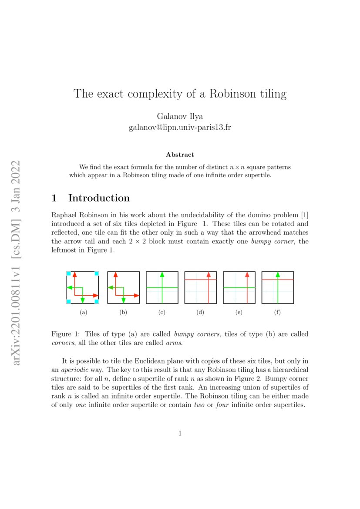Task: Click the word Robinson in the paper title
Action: (x=232, y=94)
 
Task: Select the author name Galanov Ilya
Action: (x=180, y=117)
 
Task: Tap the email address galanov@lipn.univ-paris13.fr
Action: (x=180, y=128)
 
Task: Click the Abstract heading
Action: (x=180, y=155)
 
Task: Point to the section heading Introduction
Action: (x=99, y=198)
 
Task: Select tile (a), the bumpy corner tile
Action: (x=83, y=287)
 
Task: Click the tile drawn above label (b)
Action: (x=123, y=287)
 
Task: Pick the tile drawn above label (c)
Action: (x=162, y=287)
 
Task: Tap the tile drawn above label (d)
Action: (x=200, y=287)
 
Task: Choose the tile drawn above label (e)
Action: (x=239, y=287)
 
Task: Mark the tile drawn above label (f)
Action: (x=277, y=287)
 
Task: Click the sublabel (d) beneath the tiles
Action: (x=200, y=312)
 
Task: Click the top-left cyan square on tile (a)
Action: (x=68, y=273)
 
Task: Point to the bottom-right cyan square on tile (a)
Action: (x=97, y=301)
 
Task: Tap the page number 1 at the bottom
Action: (x=180, y=433)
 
